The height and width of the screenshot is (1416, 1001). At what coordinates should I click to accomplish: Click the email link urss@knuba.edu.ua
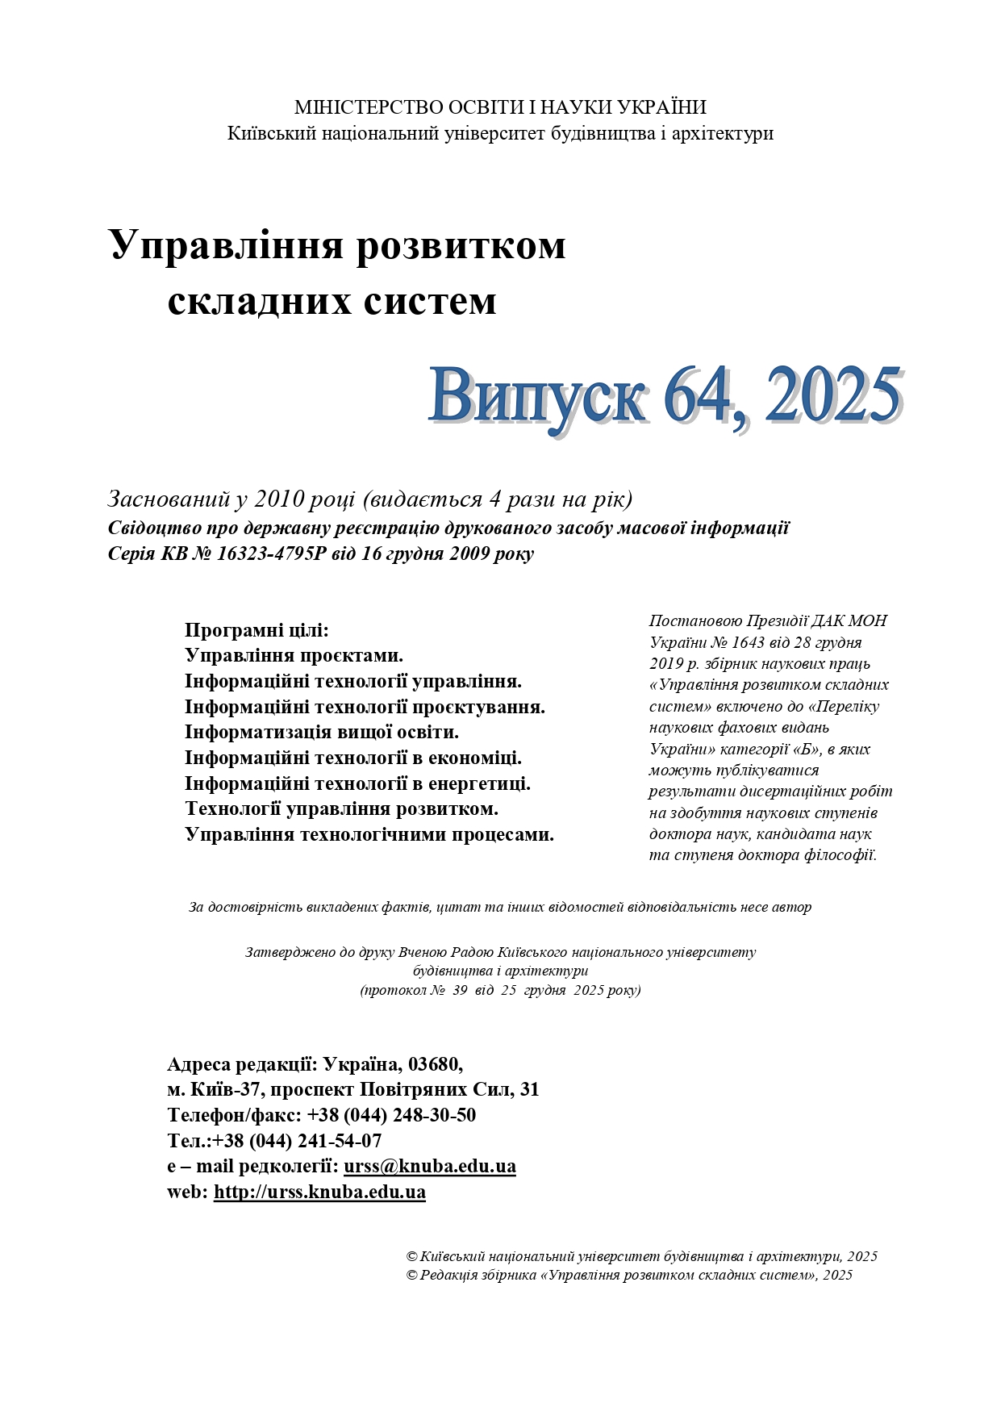click(429, 1166)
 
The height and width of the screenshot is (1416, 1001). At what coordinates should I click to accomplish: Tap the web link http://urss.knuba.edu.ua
click(319, 1192)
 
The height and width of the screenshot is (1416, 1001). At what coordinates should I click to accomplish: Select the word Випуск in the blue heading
click(536, 396)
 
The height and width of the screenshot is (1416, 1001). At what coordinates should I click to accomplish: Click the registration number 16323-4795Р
click(272, 554)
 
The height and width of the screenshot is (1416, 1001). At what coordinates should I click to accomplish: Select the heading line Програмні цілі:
click(257, 630)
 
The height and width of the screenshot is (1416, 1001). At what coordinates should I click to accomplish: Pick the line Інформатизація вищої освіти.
click(321, 732)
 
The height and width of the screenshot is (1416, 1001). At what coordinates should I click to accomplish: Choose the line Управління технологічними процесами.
click(369, 834)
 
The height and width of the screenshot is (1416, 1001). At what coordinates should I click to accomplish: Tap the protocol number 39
click(460, 990)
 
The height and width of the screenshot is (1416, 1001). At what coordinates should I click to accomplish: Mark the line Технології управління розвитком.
click(341, 808)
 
